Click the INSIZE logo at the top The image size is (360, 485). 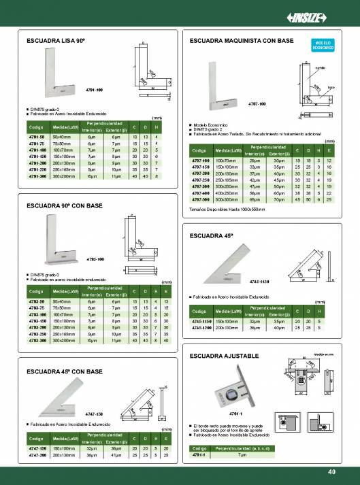pos(327,17)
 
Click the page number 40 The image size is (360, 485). pos(331,472)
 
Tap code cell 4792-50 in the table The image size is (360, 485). pos(36,301)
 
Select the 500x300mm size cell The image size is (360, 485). pos(227,200)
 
